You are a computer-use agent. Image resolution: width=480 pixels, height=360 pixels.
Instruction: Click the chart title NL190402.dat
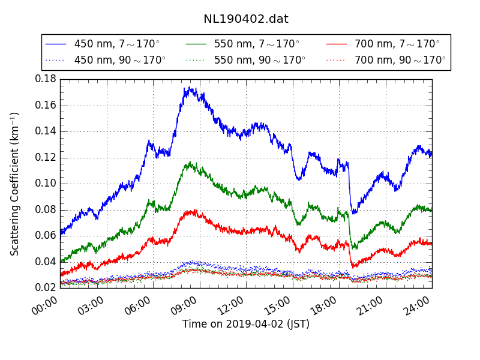(246, 19)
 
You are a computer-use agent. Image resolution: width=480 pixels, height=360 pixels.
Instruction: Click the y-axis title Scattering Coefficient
(15, 184)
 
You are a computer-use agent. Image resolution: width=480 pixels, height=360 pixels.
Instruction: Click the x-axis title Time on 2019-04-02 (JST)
(246, 325)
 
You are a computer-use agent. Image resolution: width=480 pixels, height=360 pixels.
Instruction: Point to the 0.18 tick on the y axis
(46, 79)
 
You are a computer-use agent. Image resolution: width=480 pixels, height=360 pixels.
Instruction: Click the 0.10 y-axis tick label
(46, 184)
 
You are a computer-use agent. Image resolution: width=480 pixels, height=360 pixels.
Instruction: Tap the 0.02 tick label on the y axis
(46, 288)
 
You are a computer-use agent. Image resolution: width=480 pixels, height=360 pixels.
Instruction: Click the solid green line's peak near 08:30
(190, 163)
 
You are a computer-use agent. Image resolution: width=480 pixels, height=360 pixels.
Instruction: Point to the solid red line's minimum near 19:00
(353, 266)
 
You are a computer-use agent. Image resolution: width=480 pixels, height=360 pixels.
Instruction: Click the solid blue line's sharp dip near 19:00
(354, 213)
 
